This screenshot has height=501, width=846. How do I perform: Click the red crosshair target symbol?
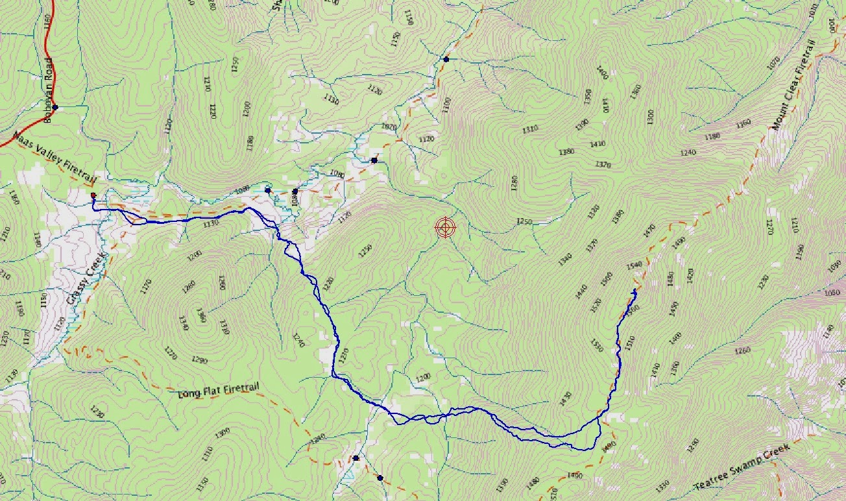coord(445,228)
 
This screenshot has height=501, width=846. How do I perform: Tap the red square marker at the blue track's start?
coord(93,195)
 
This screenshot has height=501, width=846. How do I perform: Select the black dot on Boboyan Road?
coord(56,107)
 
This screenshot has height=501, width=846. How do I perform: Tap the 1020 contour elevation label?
coord(389,127)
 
